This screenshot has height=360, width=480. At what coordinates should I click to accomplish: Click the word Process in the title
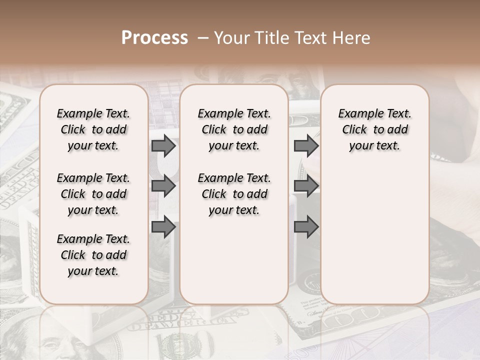pyautogui.click(x=154, y=38)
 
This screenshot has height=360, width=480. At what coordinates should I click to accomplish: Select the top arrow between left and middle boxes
pyautogui.click(x=163, y=146)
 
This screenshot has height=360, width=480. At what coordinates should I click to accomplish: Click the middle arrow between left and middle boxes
pyautogui.click(x=163, y=186)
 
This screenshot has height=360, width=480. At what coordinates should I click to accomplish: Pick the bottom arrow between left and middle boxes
pyautogui.click(x=163, y=226)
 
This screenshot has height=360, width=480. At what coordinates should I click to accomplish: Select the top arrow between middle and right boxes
pyautogui.click(x=306, y=146)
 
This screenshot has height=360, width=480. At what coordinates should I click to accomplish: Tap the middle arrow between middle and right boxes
pyautogui.click(x=306, y=186)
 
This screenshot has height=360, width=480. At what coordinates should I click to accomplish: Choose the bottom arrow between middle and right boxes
pyautogui.click(x=306, y=226)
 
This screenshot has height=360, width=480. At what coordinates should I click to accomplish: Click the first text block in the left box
pyautogui.click(x=93, y=129)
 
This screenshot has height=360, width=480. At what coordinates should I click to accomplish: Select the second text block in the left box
pyautogui.click(x=93, y=194)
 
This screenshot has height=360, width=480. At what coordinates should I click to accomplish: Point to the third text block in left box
pyautogui.click(x=93, y=255)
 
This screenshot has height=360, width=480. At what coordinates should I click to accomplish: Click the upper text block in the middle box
pyautogui.click(x=234, y=129)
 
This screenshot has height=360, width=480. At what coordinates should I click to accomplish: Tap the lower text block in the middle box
pyautogui.click(x=234, y=194)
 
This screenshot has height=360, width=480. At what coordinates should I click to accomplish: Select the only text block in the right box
pyautogui.click(x=374, y=129)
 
